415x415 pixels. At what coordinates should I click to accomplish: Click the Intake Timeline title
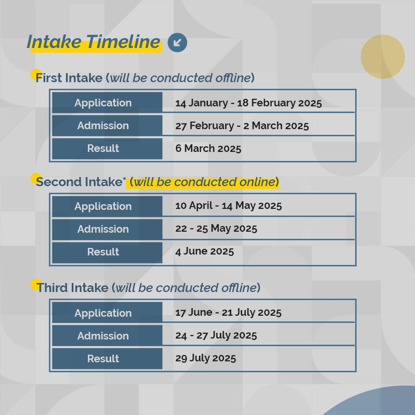click(x=94, y=42)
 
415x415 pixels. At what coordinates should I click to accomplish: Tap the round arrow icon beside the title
click(x=177, y=42)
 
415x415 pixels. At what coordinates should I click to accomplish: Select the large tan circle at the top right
click(x=383, y=57)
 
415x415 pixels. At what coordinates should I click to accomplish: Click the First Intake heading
click(x=145, y=78)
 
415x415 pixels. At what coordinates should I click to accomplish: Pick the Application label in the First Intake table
click(x=103, y=103)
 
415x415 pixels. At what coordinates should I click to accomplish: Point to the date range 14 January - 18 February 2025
click(x=248, y=103)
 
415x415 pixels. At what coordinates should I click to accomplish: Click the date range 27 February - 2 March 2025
click(x=242, y=126)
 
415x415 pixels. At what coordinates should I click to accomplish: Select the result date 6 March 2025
click(x=208, y=149)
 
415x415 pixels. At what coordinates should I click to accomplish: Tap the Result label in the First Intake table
click(x=103, y=149)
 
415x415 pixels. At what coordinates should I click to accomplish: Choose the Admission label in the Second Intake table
click(x=103, y=229)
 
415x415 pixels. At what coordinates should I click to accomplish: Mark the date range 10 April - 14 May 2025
click(x=228, y=206)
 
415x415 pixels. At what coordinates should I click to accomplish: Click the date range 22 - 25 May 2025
click(x=216, y=229)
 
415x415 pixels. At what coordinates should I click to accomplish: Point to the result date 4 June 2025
click(x=204, y=251)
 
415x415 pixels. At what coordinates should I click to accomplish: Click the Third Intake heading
click(x=148, y=288)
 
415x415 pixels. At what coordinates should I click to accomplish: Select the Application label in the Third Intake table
click(x=103, y=313)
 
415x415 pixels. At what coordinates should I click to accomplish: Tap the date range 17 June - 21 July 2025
click(x=228, y=312)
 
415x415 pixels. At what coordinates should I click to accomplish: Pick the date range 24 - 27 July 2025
click(x=216, y=335)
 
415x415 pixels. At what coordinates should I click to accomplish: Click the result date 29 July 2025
click(x=206, y=358)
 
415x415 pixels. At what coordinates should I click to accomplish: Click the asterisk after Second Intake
click(x=124, y=179)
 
